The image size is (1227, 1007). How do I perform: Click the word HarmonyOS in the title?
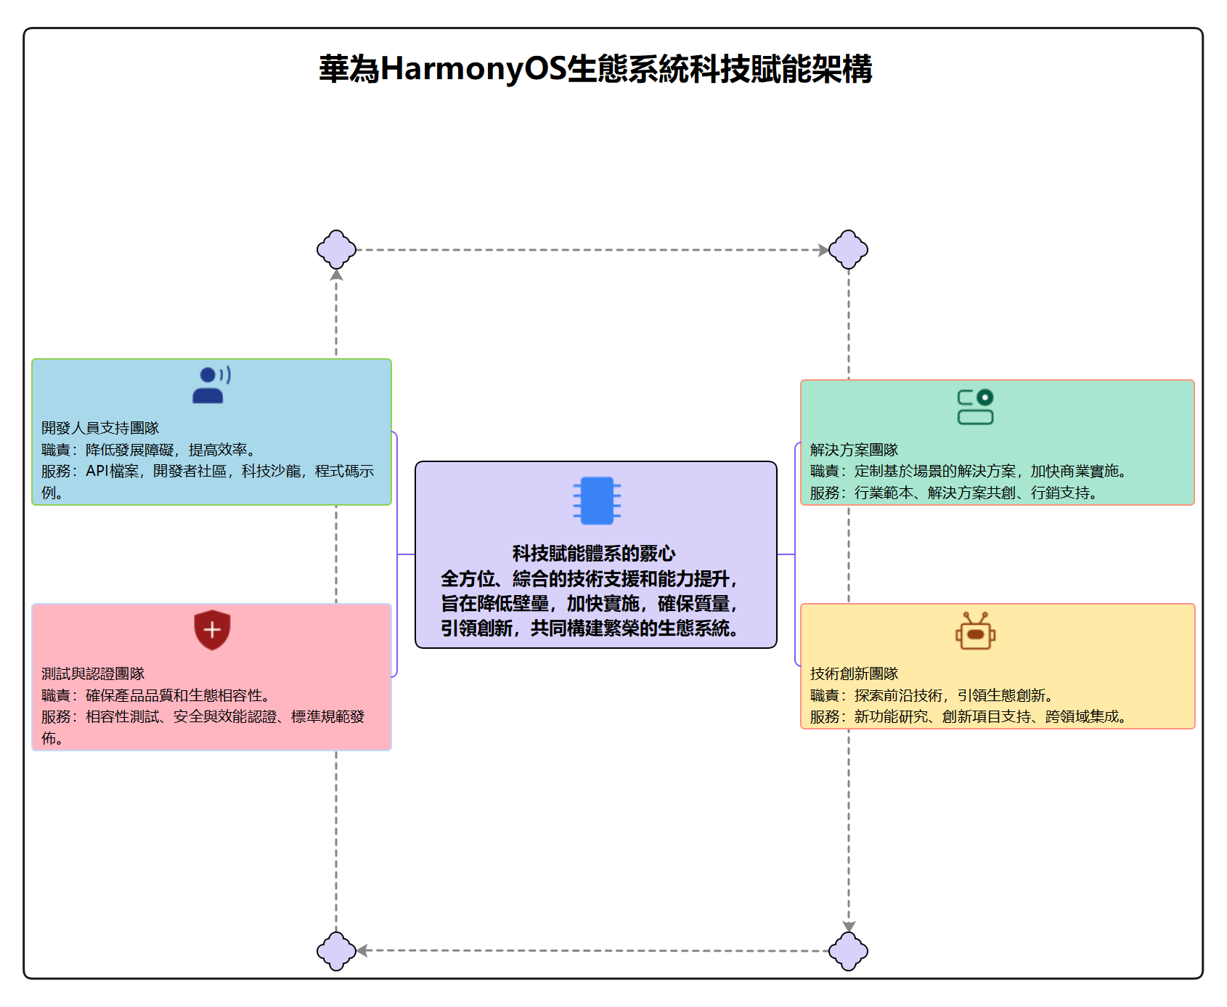(473, 70)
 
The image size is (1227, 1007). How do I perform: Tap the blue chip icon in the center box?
(597, 501)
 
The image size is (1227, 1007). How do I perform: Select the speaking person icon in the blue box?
(211, 384)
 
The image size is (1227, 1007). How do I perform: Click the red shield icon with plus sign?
(212, 629)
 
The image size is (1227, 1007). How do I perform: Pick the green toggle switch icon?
(975, 407)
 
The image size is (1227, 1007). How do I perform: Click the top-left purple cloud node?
(336, 250)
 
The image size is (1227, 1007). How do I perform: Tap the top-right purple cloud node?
(848, 250)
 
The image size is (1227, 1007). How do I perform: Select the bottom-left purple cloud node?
(336, 950)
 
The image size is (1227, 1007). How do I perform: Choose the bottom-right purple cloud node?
(848, 950)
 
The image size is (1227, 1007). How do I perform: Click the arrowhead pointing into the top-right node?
(823, 250)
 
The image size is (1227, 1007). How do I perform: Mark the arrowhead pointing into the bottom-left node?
(362, 950)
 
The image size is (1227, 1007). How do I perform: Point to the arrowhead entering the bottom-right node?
(848, 926)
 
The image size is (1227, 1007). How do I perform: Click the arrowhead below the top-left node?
(336, 275)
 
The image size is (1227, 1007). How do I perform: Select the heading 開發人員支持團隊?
(100, 428)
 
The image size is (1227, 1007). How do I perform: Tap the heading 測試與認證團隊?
(93, 674)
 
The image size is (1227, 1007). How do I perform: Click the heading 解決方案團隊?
(854, 450)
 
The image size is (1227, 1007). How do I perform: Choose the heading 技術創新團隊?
(854, 674)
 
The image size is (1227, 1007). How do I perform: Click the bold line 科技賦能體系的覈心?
(594, 554)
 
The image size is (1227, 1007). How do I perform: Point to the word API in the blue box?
(97, 471)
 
